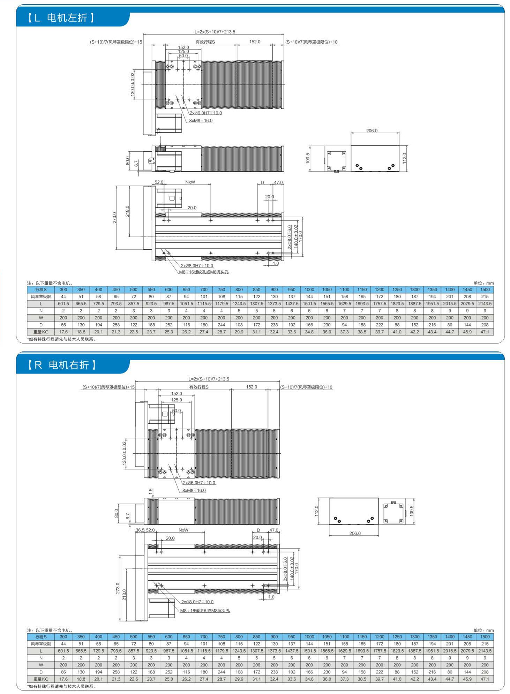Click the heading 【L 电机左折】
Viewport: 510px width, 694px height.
tap(61, 17)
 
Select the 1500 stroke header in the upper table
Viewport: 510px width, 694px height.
tap(485, 289)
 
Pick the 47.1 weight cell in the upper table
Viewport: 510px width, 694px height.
tap(485, 332)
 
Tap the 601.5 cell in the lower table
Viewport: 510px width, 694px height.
tap(63, 651)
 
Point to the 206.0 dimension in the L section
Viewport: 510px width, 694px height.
tap(372, 131)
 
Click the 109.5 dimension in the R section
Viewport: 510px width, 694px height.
tap(412, 511)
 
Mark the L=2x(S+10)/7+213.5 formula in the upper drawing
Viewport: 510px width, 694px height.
tap(215, 32)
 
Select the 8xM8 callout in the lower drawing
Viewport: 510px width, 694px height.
tap(194, 490)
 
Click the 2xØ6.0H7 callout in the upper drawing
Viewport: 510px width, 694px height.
tap(205, 113)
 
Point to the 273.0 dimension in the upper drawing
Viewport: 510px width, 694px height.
tap(114, 218)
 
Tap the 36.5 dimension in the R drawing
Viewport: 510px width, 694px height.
tap(140, 530)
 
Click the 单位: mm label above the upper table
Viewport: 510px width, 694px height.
tap(483, 283)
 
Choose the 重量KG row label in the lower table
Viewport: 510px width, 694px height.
tap(41, 679)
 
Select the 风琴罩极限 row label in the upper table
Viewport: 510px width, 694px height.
tap(41, 297)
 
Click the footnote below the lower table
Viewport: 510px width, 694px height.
tap(61, 686)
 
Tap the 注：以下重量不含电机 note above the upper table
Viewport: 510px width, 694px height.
tap(50, 283)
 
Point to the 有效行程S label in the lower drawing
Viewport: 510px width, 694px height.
tap(199, 387)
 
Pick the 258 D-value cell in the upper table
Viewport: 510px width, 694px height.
tap(116, 325)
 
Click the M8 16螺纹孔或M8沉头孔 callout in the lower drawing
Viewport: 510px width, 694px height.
tap(205, 611)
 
